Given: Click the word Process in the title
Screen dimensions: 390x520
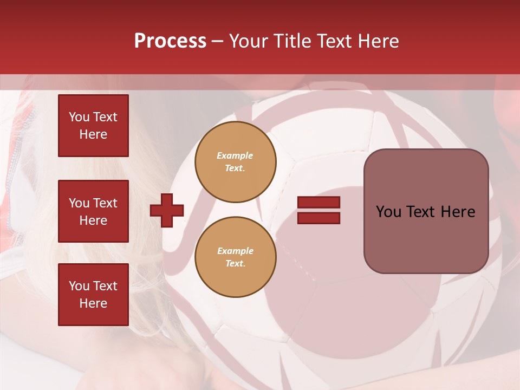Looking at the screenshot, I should (170, 41).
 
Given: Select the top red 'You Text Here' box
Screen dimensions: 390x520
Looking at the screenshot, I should (93, 126).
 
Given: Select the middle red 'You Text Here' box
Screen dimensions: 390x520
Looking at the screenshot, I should (93, 211).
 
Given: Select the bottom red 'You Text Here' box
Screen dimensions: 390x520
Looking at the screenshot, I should (93, 295).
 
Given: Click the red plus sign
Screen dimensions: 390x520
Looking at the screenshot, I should (167, 210).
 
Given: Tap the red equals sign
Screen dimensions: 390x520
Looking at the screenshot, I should (318, 210).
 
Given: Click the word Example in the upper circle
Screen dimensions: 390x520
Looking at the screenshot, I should (235, 155).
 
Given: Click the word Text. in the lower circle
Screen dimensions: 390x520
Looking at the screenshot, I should (235, 264).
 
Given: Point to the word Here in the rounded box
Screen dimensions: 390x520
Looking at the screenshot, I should (458, 212).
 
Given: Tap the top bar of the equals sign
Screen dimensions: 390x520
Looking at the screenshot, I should (318, 202).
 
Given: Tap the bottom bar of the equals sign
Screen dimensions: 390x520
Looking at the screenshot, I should (318, 218).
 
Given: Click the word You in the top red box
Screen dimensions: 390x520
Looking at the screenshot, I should (79, 117).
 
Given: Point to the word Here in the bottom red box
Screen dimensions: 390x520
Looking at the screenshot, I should (93, 303).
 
